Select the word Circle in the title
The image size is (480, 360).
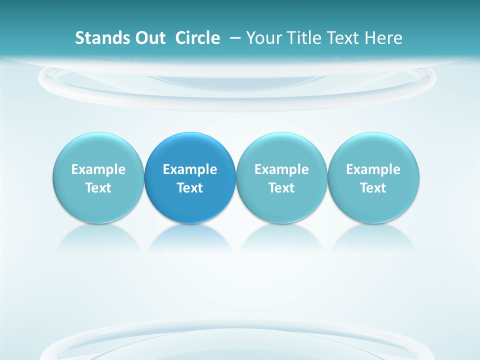(x=197, y=38)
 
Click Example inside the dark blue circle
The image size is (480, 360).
(x=190, y=169)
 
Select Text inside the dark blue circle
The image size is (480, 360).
(x=190, y=188)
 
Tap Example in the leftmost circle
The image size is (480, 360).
(x=98, y=169)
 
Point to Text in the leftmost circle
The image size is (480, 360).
(x=98, y=188)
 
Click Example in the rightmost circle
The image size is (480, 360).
(x=373, y=169)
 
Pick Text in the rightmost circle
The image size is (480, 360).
(x=373, y=188)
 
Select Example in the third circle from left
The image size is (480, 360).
(x=281, y=169)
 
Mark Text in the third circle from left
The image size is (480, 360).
(x=281, y=188)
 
